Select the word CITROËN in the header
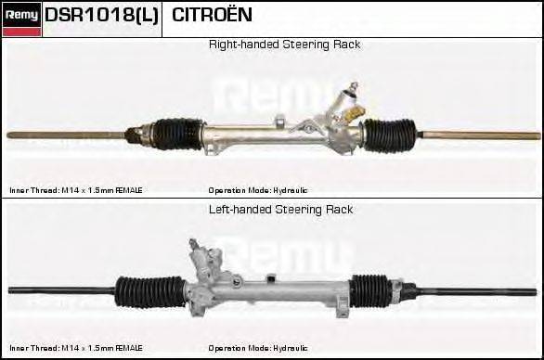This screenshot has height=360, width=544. tap(212, 16)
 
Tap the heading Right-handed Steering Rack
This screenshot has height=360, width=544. tap(284, 45)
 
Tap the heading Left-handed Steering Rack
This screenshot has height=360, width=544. tap(280, 210)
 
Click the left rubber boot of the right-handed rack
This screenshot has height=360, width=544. tap(176, 134)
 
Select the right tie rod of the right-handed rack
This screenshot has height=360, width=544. tap(473, 135)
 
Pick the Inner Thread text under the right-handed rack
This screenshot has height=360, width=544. tap(76, 190)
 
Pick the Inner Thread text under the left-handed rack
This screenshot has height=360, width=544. tap(76, 348)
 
